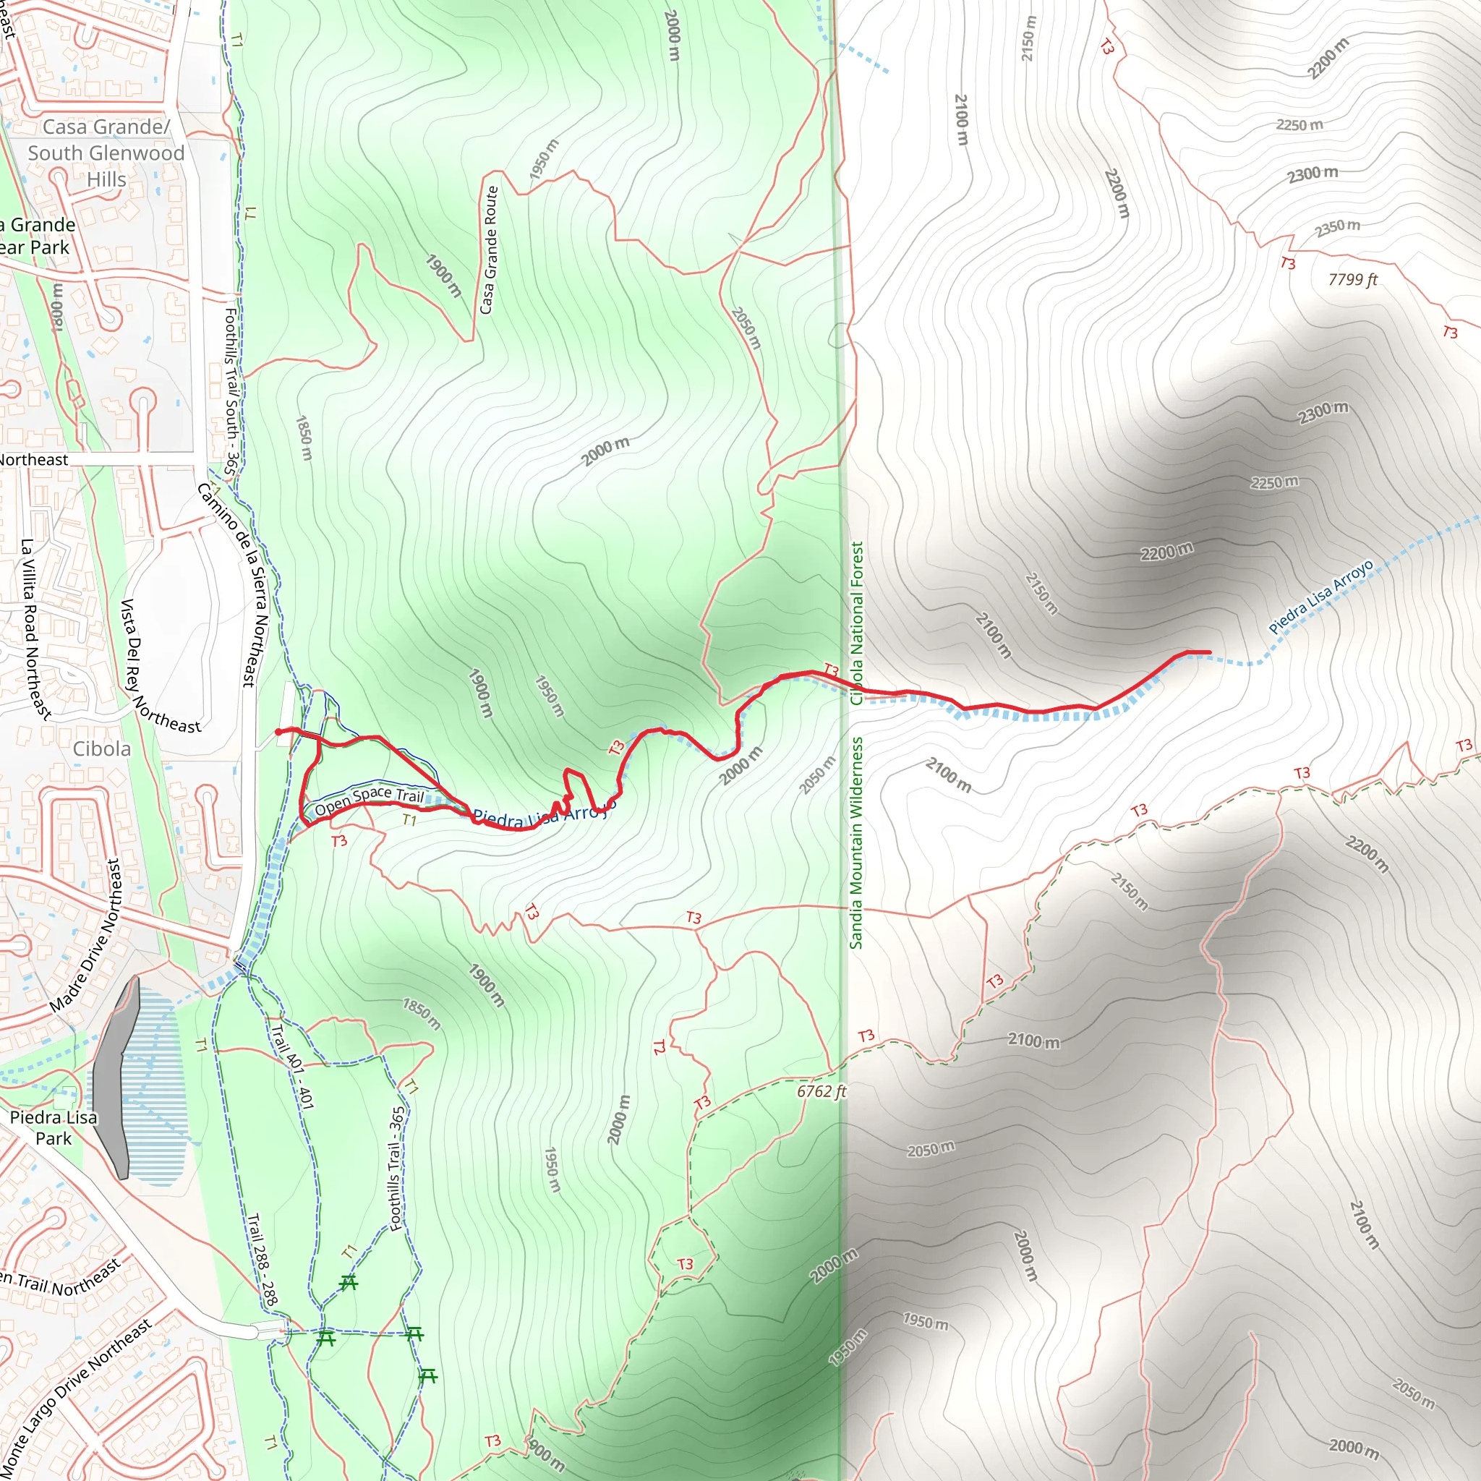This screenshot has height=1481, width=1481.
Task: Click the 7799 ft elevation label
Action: coord(1352,280)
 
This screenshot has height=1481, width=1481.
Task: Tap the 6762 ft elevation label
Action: coord(821,1091)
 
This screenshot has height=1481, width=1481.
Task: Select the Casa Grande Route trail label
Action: coord(489,250)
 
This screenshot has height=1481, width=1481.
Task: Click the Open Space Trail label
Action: coord(369,800)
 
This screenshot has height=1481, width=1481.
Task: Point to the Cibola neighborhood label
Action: coord(102,749)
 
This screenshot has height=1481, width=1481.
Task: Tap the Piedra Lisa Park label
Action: coord(54,1127)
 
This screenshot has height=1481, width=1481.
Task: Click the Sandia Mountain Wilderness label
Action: coord(856,843)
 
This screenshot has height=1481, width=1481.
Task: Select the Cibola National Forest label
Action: coord(857,623)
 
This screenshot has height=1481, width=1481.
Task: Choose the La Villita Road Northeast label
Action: coord(35,628)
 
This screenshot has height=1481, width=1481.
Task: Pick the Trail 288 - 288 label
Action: coord(263,1260)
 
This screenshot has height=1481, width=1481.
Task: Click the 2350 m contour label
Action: coord(1338,228)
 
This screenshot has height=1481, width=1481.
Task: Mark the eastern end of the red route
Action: coord(1210,652)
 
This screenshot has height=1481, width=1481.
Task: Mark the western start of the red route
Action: coord(278,732)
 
